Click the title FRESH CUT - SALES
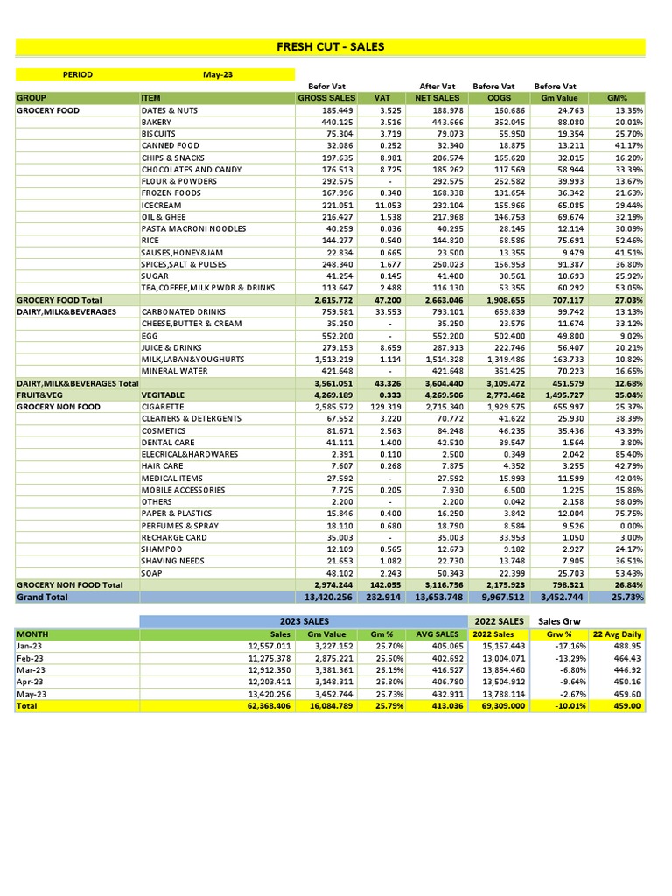point(330,47)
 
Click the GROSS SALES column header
point(325,98)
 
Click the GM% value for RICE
point(628,241)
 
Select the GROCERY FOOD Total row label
point(59,300)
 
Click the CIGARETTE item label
point(163,407)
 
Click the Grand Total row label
point(42,597)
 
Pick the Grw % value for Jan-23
point(570,645)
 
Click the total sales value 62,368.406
point(264,705)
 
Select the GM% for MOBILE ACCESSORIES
point(628,490)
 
